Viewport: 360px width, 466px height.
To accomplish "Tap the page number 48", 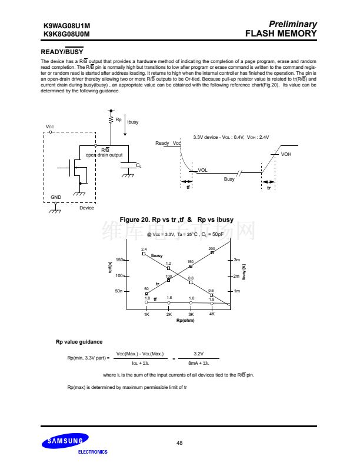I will point(179,442).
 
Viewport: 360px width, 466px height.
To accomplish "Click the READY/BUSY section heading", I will point(62,52).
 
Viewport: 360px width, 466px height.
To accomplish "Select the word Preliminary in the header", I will point(292,25).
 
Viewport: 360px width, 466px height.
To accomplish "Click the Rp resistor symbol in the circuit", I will point(111,120).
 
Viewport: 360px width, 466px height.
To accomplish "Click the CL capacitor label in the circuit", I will point(138,166).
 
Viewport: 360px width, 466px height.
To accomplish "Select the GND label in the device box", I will point(56,197).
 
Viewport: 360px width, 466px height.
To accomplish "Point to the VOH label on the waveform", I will point(286,154).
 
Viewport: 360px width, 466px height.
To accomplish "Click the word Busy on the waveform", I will point(229,179).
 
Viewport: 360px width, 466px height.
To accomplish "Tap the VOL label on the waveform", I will point(202,170).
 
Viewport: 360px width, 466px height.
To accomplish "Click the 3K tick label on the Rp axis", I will point(191,315).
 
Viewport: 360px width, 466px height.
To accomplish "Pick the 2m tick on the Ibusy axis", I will point(236,276).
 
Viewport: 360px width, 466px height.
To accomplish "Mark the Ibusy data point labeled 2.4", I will point(144,254).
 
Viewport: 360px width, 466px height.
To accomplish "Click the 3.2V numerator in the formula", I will point(198,354).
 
